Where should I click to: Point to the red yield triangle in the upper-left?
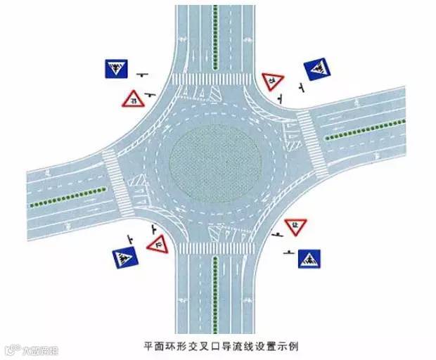[x=132, y=99]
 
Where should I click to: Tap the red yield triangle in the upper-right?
[x=273, y=81]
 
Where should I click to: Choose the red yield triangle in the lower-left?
[x=159, y=244]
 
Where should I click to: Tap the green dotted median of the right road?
[x=366, y=129]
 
